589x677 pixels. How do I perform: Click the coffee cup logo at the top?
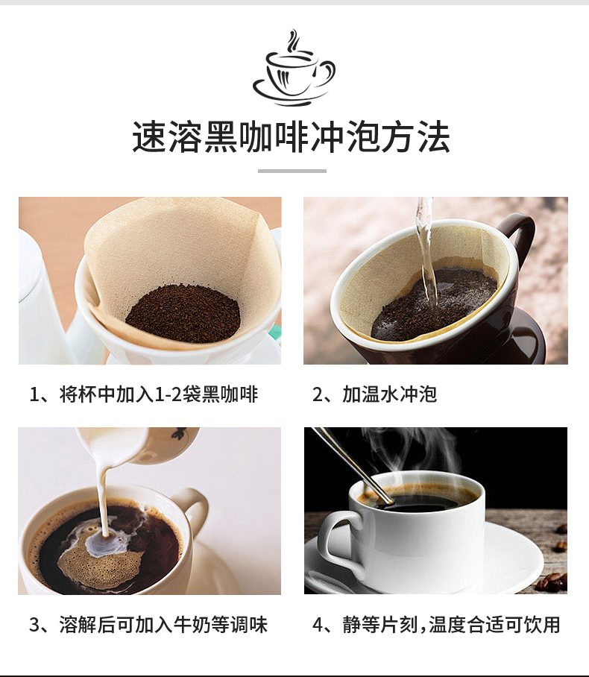(x=294, y=68)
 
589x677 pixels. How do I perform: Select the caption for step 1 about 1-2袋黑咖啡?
(x=144, y=394)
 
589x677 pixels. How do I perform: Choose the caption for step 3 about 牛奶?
(x=148, y=624)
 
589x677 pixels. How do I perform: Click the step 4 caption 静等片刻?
(x=436, y=624)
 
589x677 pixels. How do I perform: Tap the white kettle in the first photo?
(x=41, y=298)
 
